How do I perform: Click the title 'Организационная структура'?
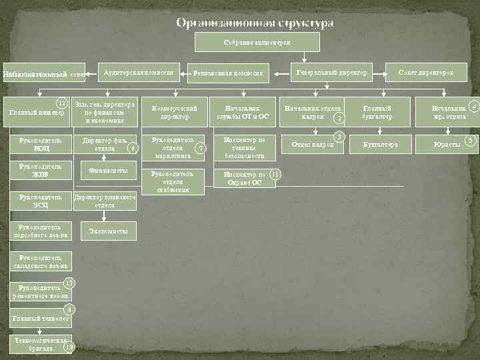[x=255, y=23]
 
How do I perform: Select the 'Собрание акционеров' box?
[x=257, y=42]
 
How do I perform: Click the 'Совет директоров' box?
[x=426, y=72]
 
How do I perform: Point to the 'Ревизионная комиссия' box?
[x=229, y=73]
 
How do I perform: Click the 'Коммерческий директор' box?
[x=171, y=112]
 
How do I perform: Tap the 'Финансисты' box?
[x=109, y=171]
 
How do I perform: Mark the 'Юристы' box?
[x=446, y=144]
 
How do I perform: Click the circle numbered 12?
[x=62, y=103]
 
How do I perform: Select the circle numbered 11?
[x=275, y=174]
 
